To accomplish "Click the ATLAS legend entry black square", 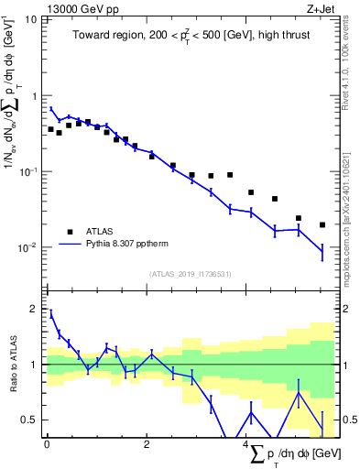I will [x=70, y=232].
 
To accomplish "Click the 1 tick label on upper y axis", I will [x=35, y=95].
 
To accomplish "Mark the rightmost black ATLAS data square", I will [x=322, y=224].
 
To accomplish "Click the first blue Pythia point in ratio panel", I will [x=51, y=314].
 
